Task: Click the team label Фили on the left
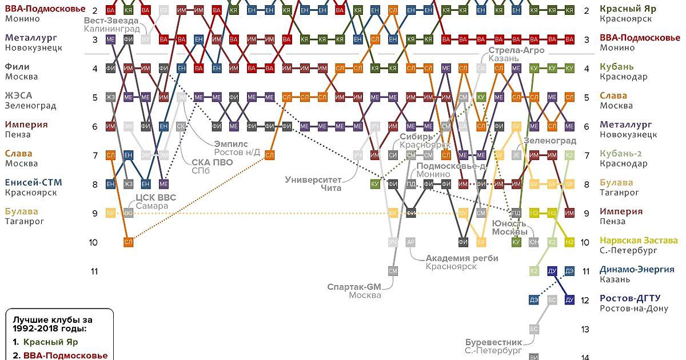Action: coord(17,67)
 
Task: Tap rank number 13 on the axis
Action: coord(585,329)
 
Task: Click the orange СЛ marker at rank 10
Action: coord(128,242)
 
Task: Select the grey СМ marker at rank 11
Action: coord(393,270)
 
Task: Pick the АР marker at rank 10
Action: coord(410,242)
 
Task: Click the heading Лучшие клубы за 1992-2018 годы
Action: coord(52,324)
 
